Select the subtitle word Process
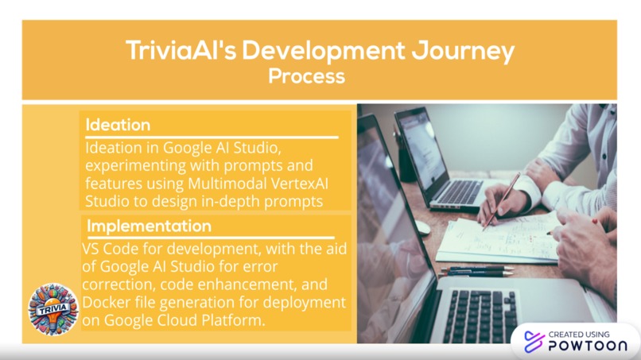[x=306, y=76]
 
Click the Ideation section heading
[x=118, y=126]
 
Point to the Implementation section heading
[x=149, y=226]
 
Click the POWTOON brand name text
[x=587, y=346]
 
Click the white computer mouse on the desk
[x=422, y=227]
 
